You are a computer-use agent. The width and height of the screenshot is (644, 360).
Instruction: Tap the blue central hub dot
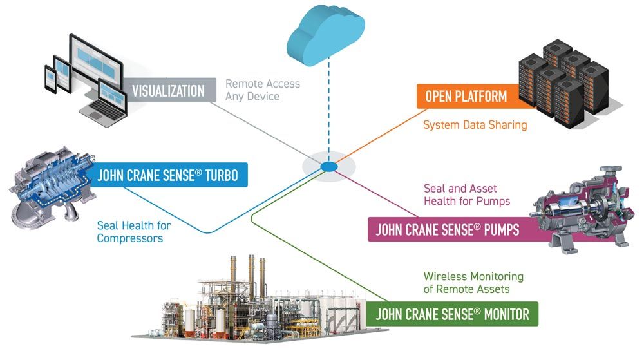(329, 167)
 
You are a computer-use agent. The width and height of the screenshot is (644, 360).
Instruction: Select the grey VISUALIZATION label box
(168, 90)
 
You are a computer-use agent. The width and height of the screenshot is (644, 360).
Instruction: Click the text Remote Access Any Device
(263, 90)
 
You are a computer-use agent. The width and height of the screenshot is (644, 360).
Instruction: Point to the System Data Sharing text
(475, 125)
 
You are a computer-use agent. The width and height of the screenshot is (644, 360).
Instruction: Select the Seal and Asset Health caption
(467, 194)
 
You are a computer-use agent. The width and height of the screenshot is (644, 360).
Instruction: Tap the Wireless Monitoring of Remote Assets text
(473, 283)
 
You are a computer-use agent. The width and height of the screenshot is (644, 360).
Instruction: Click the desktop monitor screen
(97, 62)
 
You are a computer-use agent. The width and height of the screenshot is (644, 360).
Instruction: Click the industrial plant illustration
(258, 303)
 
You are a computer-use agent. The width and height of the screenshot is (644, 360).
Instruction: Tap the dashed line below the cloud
(328, 109)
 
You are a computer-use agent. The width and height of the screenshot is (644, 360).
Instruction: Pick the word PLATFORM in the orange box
(483, 97)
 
